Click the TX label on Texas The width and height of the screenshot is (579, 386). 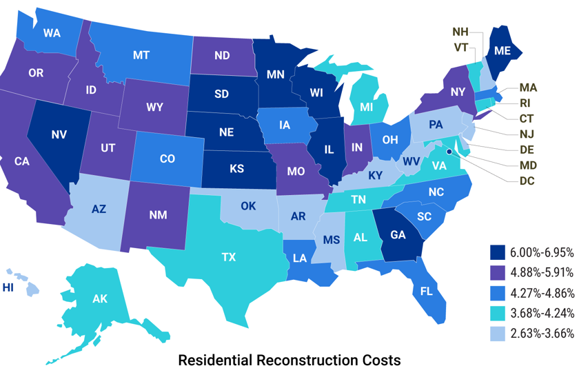coord(228,257)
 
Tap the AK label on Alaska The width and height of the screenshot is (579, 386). coord(100,299)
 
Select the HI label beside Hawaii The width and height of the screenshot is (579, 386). coord(8,287)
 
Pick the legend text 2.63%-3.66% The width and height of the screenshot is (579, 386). coord(542,333)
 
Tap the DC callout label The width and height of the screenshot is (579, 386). coord(527,181)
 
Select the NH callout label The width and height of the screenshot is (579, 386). coord(460,32)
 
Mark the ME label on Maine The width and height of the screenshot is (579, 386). coord(502,50)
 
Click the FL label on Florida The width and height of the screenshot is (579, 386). coord(427,291)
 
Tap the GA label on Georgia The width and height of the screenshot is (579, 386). coord(398,234)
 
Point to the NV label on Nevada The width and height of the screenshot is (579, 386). coord(59,134)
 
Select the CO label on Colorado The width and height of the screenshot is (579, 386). coord(167,159)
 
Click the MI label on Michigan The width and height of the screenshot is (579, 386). coord(366,108)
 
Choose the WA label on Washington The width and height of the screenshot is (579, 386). coord(52,32)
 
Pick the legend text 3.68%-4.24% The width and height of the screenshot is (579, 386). coord(542,313)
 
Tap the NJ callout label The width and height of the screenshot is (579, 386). coord(527,134)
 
